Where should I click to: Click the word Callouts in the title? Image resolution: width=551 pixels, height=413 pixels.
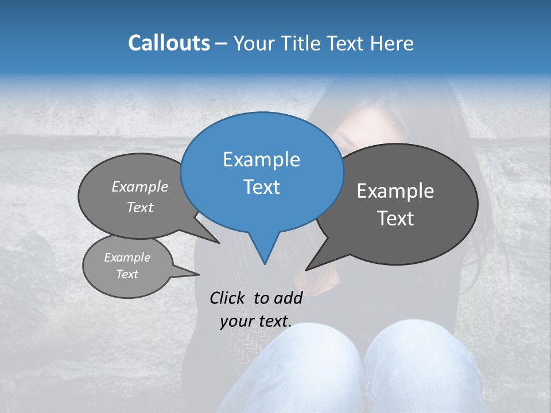click(169, 43)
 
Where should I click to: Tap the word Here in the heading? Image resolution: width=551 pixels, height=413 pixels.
click(392, 43)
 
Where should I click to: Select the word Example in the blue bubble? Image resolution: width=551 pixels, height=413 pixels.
click(261, 159)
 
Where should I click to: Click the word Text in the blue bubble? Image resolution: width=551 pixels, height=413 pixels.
click(261, 187)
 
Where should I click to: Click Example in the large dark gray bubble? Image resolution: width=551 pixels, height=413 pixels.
click(395, 191)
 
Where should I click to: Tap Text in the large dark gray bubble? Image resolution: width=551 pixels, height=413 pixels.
click(395, 219)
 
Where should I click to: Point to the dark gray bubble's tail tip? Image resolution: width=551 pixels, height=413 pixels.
click(306, 270)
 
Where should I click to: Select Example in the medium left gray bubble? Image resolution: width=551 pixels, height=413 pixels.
click(140, 186)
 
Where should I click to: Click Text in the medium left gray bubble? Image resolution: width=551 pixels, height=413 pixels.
click(140, 207)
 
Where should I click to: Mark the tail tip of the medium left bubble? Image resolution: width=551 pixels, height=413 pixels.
click(219, 243)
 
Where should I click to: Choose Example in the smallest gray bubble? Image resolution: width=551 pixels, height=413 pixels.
click(127, 258)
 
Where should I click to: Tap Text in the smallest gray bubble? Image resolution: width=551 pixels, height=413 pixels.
click(127, 274)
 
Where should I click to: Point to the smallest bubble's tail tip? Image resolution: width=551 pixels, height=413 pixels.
click(199, 274)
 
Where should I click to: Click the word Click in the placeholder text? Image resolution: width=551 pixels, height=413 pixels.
click(227, 298)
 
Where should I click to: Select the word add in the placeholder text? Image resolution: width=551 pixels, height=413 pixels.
click(288, 298)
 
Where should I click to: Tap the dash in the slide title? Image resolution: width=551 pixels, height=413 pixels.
click(222, 44)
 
